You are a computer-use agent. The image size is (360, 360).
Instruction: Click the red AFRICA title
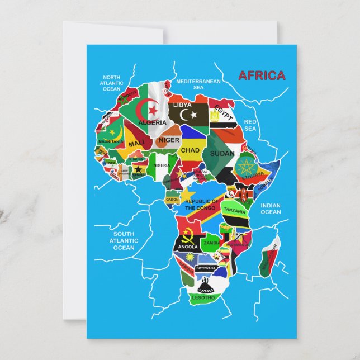[x=262, y=76]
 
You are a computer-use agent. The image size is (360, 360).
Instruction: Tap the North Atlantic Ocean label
[x=111, y=83]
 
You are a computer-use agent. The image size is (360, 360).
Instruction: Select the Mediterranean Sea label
[x=198, y=84]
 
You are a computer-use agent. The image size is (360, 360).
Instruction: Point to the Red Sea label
[x=250, y=125]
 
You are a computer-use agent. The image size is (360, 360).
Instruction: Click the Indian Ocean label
[x=271, y=209]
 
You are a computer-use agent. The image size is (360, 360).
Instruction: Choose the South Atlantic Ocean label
[x=124, y=241]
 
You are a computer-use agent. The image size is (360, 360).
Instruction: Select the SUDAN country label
[x=222, y=153]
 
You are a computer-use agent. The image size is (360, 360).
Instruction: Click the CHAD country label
[x=190, y=150]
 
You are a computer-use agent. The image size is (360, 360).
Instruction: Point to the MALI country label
[x=136, y=144]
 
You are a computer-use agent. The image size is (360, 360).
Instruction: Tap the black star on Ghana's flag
[x=138, y=170]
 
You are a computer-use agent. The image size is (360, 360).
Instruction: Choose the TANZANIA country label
[x=235, y=211]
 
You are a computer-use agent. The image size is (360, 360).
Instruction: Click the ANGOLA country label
[x=187, y=247]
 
